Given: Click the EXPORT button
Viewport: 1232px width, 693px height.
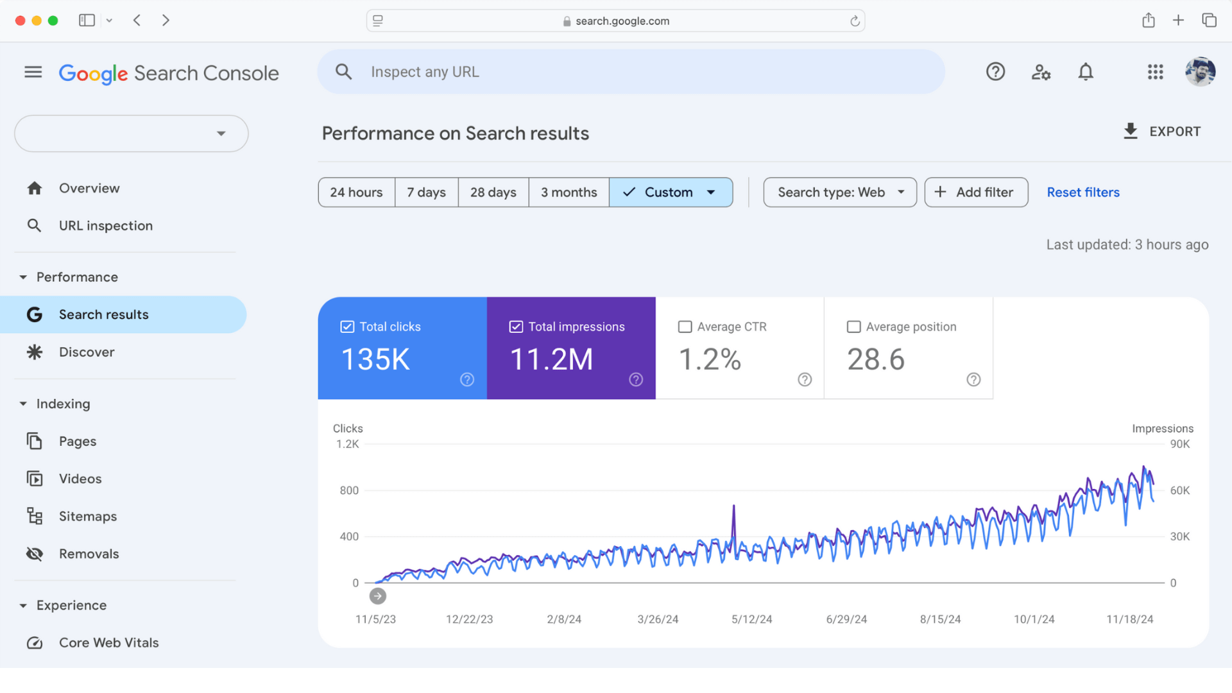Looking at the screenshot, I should tap(1162, 132).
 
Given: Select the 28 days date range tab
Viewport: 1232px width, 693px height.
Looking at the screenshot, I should tap(493, 193).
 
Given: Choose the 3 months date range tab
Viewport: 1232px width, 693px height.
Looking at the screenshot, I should tap(569, 193).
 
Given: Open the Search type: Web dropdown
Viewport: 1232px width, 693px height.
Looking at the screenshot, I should tap(840, 193).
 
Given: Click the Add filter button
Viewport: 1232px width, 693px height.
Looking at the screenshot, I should tap(976, 193).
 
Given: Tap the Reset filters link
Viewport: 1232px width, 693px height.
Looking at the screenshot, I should tap(1082, 193).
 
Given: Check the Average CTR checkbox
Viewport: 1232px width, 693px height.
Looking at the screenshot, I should tap(685, 327).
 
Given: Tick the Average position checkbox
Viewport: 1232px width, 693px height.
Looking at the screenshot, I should tap(853, 327).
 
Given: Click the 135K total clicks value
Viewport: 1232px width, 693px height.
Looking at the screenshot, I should tap(375, 359).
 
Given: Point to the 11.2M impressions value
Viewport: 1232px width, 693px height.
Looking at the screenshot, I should tap(551, 359).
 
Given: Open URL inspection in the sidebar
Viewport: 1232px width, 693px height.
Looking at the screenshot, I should tap(105, 226).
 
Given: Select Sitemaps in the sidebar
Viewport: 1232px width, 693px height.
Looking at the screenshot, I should tap(87, 517).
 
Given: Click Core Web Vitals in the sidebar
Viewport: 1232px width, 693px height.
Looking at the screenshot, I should tap(108, 643).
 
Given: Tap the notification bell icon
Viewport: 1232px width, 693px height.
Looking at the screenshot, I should tap(1085, 72).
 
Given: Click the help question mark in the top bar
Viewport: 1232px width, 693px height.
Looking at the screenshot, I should tap(995, 72).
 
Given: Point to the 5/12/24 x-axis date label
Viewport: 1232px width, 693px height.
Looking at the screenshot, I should tap(751, 619).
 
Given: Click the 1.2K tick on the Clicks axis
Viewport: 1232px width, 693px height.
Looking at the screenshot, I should tap(347, 444).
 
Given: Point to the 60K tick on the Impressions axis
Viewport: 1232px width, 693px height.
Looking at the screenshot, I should tap(1179, 490).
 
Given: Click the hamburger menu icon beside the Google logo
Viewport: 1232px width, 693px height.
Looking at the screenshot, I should tap(33, 73).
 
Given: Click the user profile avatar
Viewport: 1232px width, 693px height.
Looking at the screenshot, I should tap(1200, 72).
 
